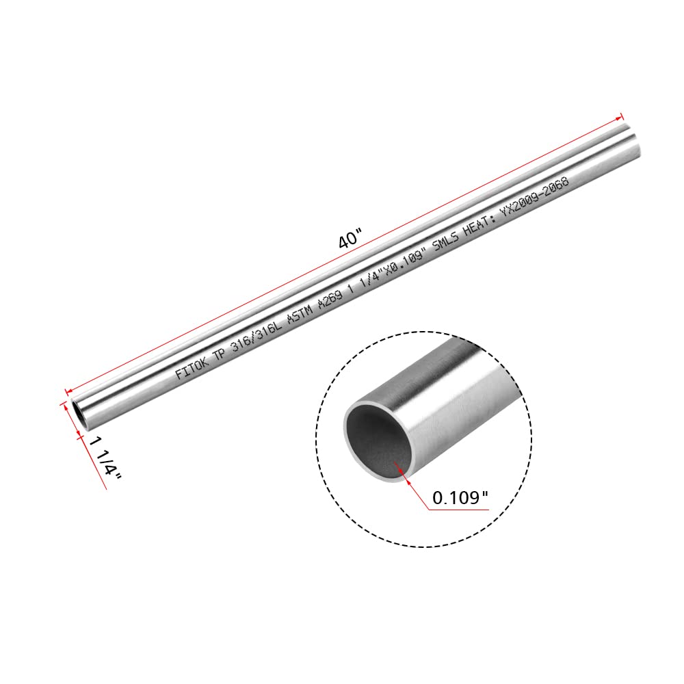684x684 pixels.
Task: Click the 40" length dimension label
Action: pyautogui.click(x=349, y=241)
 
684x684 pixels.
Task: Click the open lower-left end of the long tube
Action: pyautogui.click(x=78, y=415)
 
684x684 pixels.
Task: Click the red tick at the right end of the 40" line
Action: pyautogui.click(x=622, y=116)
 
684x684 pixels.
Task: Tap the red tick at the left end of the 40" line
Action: pyautogui.click(x=67, y=391)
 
